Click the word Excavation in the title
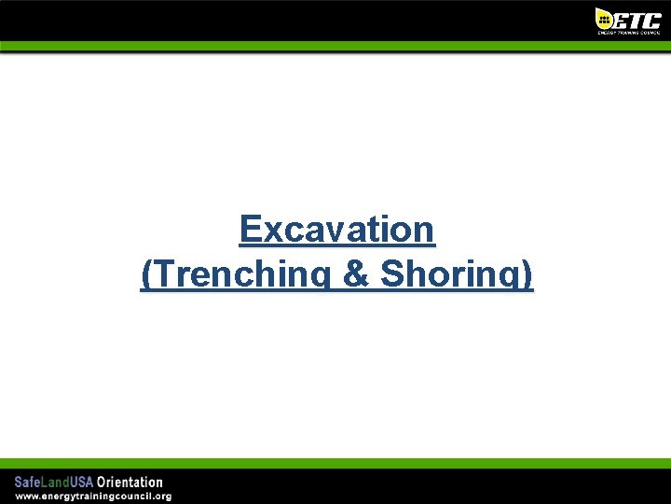point(336,229)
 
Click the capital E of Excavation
point(251,229)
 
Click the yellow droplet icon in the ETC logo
point(604,18)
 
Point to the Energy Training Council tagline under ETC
point(628,33)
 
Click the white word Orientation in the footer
point(130,483)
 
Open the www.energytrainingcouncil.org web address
point(92,496)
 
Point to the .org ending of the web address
point(161,496)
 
